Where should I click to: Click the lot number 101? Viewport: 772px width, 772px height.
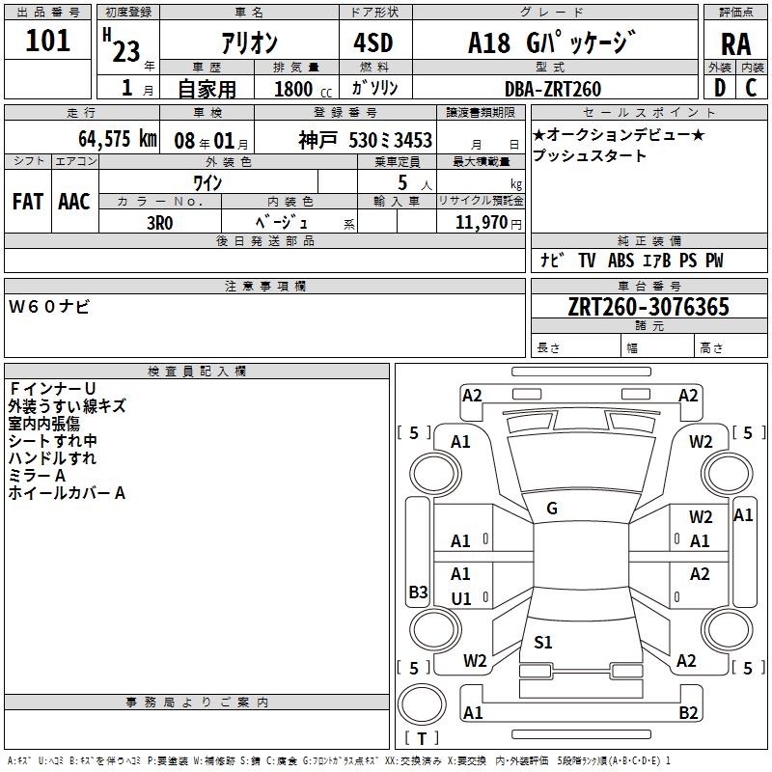(48, 41)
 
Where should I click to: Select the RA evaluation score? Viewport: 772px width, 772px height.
(735, 44)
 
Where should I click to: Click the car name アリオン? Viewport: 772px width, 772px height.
(249, 43)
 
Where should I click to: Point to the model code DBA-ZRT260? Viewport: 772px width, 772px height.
(553, 89)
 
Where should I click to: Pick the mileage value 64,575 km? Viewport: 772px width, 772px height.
(118, 139)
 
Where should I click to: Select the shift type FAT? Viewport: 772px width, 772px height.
(27, 202)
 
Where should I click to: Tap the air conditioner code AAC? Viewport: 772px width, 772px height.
(73, 202)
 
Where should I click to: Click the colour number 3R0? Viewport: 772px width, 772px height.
(159, 221)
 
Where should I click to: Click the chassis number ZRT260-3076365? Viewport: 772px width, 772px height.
(648, 308)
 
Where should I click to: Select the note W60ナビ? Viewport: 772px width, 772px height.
(49, 307)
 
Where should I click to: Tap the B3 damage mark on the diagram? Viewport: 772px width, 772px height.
(418, 592)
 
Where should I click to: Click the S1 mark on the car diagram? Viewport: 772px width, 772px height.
(542, 642)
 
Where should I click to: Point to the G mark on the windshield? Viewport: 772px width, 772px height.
(552, 508)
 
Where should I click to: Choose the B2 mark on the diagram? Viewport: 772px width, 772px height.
(688, 712)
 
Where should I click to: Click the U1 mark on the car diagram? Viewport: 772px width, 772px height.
(461, 598)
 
